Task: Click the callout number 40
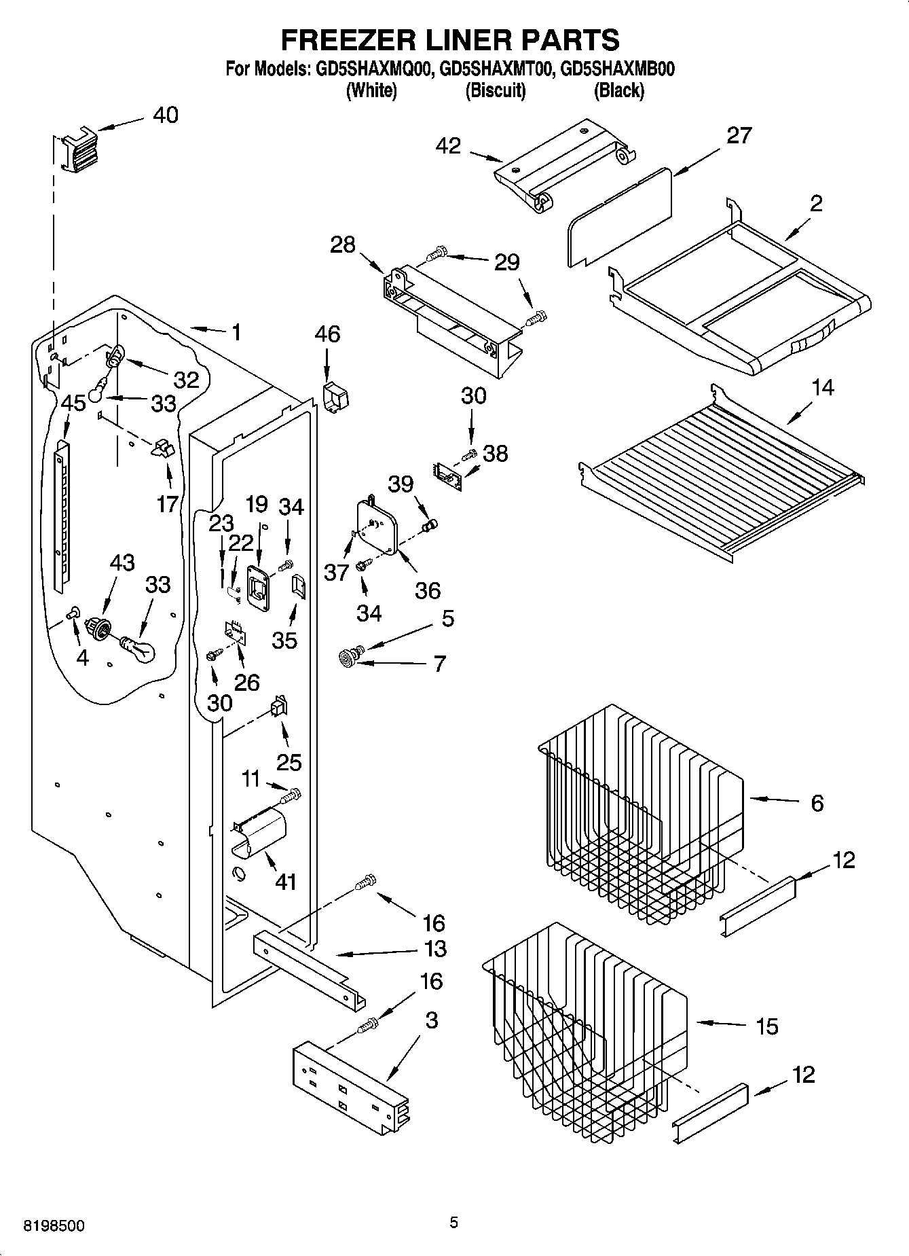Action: click(x=165, y=115)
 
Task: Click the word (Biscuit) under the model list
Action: click(x=495, y=90)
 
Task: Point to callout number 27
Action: click(x=739, y=136)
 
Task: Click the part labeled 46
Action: click(x=334, y=398)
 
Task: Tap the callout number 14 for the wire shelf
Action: click(x=822, y=388)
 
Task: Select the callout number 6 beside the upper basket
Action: click(x=817, y=803)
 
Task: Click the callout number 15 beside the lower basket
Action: click(x=766, y=1026)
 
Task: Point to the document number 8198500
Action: click(x=54, y=1226)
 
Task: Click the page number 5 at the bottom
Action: click(x=453, y=1223)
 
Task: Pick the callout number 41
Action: click(x=286, y=882)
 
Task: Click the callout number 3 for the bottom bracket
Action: click(x=432, y=1020)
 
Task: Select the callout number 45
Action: click(x=73, y=403)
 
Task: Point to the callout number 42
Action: click(x=448, y=145)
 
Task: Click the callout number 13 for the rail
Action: click(x=434, y=948)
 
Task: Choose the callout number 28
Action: click(x=343, y=245)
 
